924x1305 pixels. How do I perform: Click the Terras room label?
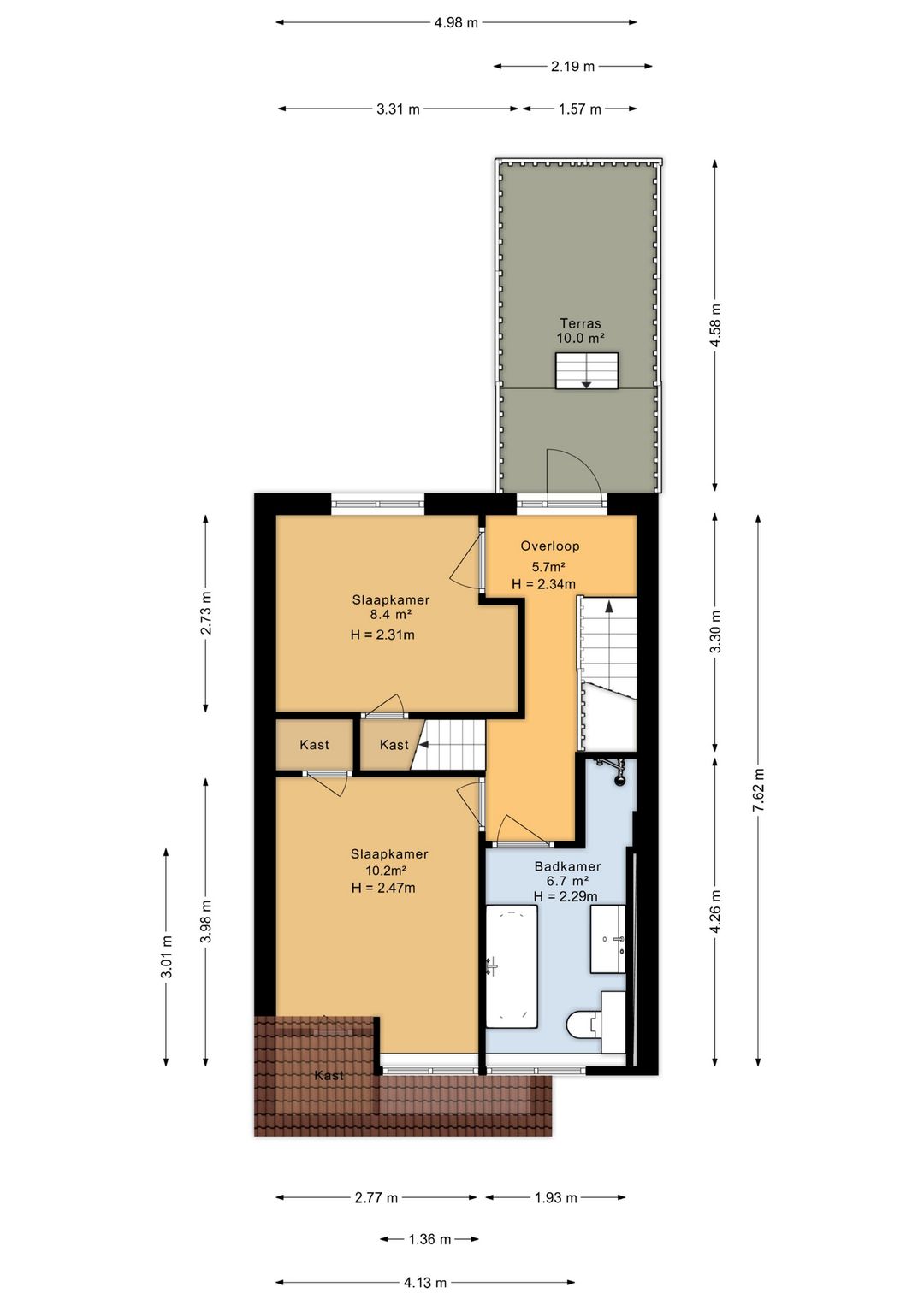tap(581, 323)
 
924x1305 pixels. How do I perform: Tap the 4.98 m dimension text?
tap(457, 23)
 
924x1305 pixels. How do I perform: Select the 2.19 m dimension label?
tap(573, 67)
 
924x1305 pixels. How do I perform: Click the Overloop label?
tap(550, 546)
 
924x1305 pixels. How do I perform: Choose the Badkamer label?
tap(567, 866)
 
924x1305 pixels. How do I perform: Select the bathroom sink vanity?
tap(607, 938)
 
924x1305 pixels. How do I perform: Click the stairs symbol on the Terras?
tap(586, 370)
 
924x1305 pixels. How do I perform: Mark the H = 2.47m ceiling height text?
tap(383, 888)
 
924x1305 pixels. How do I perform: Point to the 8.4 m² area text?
tap(391, 613)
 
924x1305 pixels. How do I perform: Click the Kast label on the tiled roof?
tap(329, 1076)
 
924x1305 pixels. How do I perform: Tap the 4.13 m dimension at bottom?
tap(425, 1282)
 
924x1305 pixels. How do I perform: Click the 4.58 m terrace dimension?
tap(715, 325)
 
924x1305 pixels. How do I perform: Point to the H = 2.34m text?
tap(543, 584)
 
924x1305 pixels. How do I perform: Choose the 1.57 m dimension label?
tap(579, 109)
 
